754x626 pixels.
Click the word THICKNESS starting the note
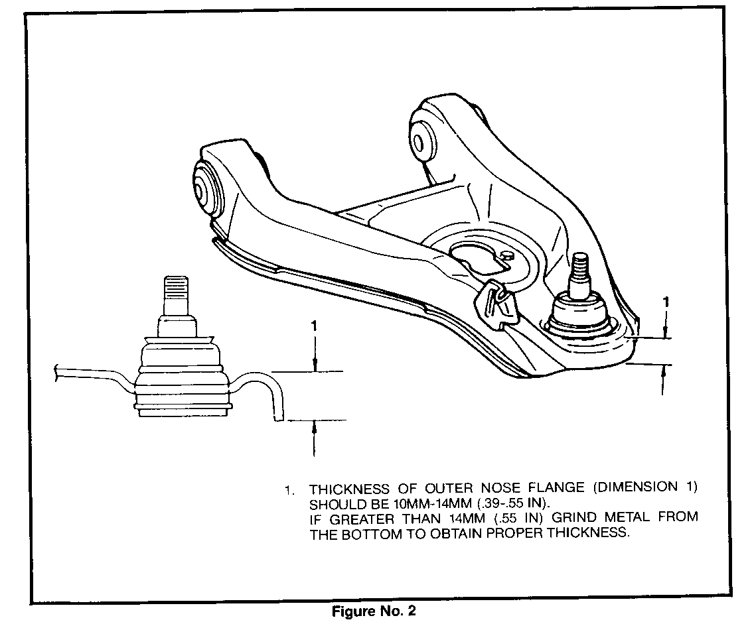(x=349, y=489)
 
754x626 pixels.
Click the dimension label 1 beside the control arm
(x=665, y=303)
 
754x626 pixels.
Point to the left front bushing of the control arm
(x=207, y=186)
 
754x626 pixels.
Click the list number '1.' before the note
(x=289, y=491)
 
